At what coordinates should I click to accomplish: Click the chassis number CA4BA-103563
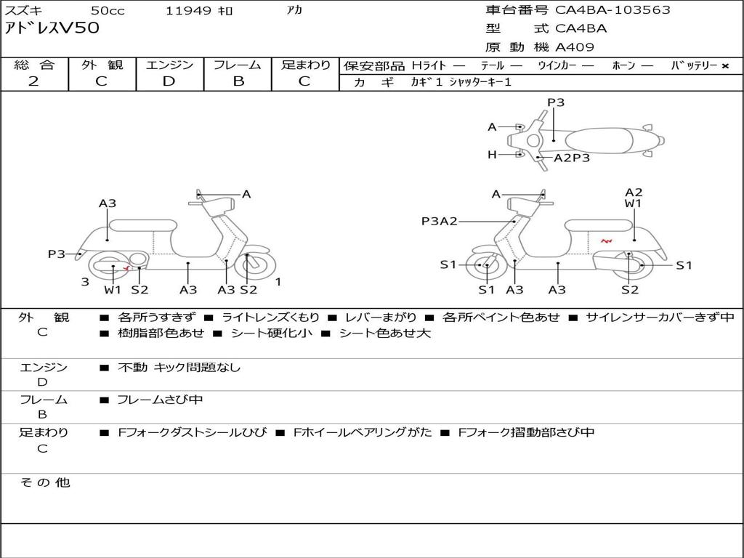point(612,10)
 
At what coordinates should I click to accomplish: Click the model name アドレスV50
point(52,29)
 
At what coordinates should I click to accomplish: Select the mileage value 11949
point(188,11)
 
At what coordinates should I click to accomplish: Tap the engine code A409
point(575,47)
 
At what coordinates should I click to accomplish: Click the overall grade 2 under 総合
point(33,81)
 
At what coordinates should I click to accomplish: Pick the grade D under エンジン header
point(169,81)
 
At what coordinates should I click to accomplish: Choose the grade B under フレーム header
point(238,81)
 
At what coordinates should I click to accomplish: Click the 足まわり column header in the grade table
point(305,65)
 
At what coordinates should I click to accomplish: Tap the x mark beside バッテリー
point(724,66)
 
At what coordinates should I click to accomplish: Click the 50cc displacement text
point(107,11)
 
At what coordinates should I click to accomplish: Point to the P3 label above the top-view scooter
point(556,102)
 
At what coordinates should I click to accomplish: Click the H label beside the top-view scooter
point(492,154)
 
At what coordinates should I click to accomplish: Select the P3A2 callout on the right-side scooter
point(439,222)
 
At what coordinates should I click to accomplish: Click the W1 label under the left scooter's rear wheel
point(113,290)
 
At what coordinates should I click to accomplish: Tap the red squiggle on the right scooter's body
point(606,241)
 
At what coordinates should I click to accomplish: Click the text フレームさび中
point(160,400)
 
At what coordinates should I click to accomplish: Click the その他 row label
point(44,482)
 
